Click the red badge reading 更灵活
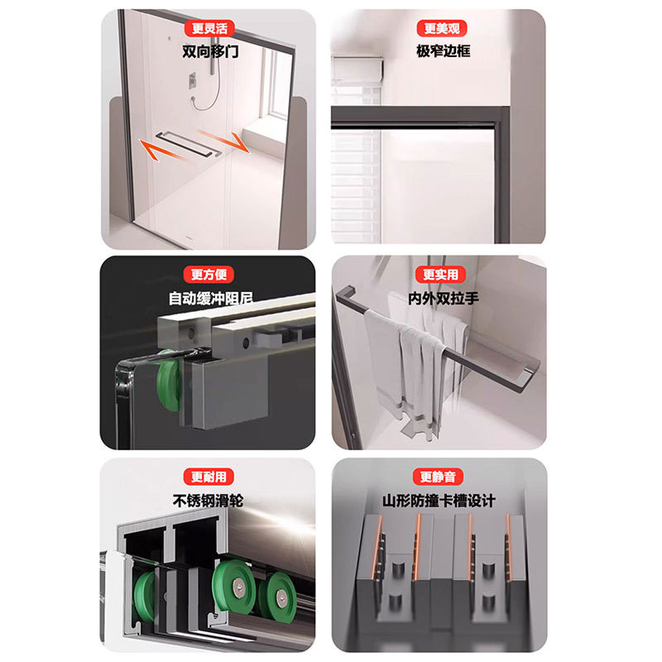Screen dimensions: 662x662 point(209,28)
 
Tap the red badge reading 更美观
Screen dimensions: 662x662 point(442,28)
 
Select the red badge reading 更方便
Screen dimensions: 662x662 point(209,275)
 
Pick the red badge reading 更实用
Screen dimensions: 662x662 point(440,275)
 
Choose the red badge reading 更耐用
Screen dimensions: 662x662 point(209,477)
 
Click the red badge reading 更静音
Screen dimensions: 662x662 point(439,477)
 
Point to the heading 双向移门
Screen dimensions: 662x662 point(210,51)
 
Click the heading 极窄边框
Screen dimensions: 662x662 point(444,51)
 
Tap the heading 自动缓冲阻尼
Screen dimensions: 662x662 point(211,298)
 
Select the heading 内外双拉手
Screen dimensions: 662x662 point(444,299)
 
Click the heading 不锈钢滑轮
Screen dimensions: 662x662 point(209,501)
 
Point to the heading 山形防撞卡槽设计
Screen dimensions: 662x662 point(439,501)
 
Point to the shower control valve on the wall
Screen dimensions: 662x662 point(192,80)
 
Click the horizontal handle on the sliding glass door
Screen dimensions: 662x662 point(189,144)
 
